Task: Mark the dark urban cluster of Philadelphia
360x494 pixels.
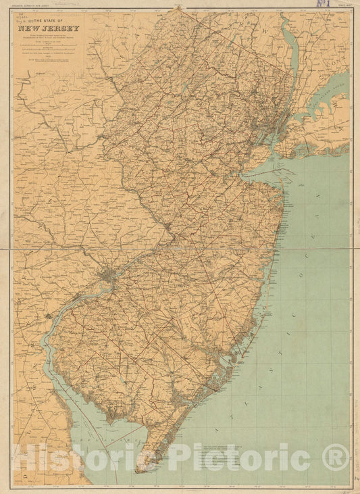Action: [108, 276]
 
